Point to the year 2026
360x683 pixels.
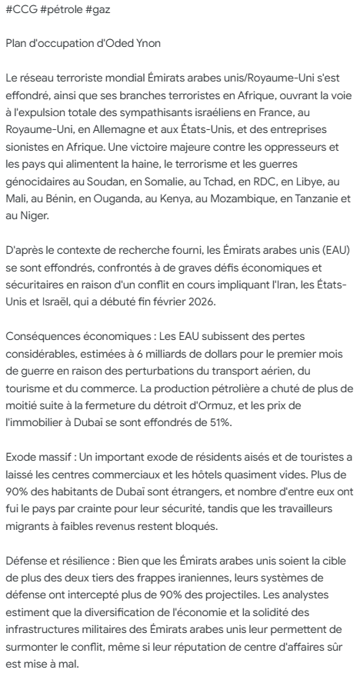pyautogui.click(x=224, y=296)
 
